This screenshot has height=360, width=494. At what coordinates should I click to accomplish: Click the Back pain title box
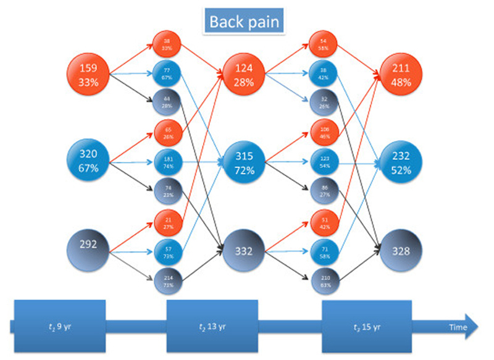244,22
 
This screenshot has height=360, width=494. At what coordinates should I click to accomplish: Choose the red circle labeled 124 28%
245,74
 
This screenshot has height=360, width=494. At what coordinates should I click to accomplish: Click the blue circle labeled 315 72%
245,162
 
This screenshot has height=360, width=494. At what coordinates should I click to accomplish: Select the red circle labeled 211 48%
400,74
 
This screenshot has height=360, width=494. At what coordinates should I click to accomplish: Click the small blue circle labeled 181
167,162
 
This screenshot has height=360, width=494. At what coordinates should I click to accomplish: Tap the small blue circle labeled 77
167,75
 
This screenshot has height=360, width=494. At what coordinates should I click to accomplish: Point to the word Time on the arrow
458,327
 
